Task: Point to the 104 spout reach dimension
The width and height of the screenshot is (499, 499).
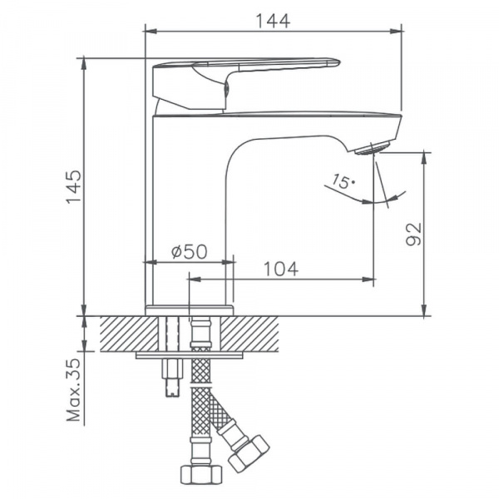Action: pos(281,269)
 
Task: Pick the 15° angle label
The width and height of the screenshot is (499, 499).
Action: pos(342,180)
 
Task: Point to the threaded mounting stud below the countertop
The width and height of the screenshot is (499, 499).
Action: pos(172,378)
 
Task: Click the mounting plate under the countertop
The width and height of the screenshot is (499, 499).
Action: pos(190,356)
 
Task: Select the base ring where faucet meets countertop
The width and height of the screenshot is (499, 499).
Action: pos(190,310)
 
